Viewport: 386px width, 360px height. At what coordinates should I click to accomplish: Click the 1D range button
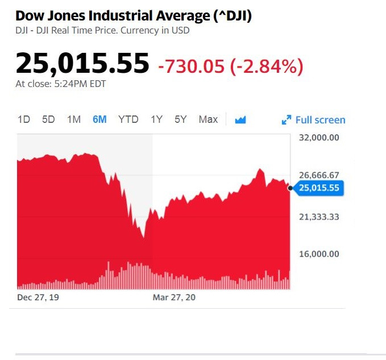click(x=24, y=119)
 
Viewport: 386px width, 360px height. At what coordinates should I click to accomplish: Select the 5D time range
click(x=48, y=119)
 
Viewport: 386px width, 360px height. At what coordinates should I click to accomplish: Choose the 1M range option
click(x=74, y=119)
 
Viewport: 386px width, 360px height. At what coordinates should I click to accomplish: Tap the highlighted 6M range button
click(x=99, y=119)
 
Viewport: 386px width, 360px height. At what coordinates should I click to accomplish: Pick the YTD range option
click(x=128, y=119)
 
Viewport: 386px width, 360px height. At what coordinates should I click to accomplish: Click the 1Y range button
click(x=156, y=119)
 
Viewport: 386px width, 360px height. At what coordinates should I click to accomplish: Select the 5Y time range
click(x=181, y=119)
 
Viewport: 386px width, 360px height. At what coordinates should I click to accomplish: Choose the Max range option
click(x=208, y=119)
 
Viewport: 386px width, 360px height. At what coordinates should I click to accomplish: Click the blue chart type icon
click(x=240, y=119)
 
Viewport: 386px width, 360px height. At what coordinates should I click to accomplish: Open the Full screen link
click(x=314, y=120)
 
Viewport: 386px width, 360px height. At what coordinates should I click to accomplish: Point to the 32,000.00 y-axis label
click(x=318, y=138)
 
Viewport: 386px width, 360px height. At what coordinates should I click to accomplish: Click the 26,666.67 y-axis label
click(x=318, y=175)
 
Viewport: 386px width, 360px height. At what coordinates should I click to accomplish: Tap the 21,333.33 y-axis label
click(x=318, y=217)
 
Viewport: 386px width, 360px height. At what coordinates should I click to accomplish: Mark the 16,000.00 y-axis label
click(x=318, y=254)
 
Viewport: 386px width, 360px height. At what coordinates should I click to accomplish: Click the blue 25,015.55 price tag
click(x=319, y=188)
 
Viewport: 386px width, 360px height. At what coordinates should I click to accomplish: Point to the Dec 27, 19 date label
click(x=37, y=297)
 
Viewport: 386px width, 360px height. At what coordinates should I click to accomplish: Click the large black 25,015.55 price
click(x=82, y=63)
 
